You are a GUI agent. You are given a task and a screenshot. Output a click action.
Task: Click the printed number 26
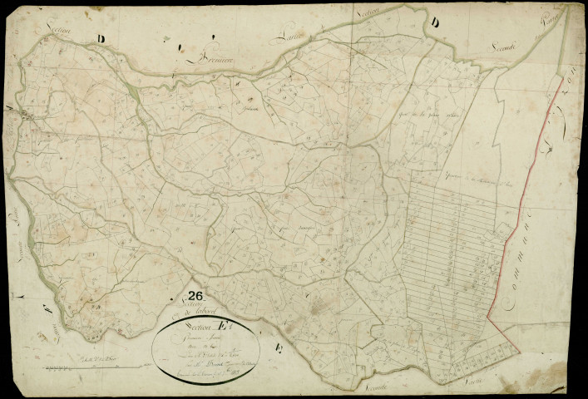tap(196, 294)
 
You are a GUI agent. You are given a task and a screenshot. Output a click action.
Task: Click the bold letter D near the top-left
tap(101, 38)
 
